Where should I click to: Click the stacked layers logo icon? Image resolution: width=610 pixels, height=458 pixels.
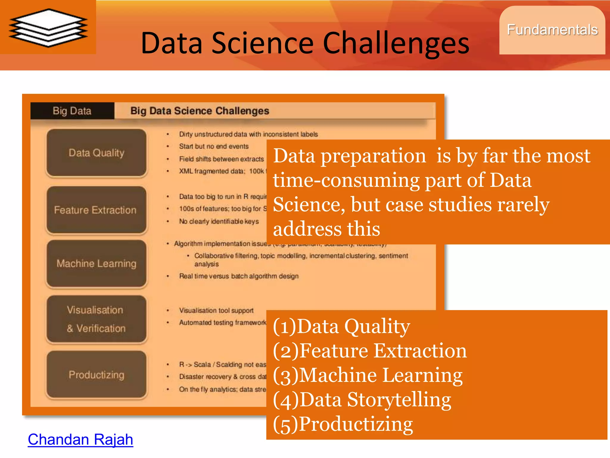pos(48,28)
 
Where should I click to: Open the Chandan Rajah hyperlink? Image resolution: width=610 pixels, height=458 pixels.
pos(80,440)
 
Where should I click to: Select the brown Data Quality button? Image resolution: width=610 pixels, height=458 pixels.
pos(96,153)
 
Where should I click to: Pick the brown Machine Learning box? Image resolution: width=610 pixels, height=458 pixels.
pos(96,264)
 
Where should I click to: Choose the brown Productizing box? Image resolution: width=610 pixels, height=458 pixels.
pos(96,375)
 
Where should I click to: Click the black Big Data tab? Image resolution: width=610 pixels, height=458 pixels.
pos(72,111)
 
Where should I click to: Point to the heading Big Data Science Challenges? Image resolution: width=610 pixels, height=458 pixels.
pos(200,111)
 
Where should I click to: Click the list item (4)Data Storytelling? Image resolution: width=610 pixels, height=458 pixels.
pos(362,400)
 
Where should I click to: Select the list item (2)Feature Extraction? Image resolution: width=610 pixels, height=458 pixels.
pos(370,351)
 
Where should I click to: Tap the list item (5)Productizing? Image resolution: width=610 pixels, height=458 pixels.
pos(343,424)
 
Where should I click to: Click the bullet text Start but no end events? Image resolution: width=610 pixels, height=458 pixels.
pos(214,146)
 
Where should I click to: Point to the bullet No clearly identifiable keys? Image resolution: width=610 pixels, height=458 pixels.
pos(219,221)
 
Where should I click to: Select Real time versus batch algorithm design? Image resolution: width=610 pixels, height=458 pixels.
pos(239,276)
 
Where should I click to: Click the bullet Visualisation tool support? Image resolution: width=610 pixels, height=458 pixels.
pos(216,310)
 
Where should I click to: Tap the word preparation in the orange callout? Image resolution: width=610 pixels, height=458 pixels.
pos(373,156)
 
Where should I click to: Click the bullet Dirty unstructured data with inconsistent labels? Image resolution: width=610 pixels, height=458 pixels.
pos(248,134)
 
